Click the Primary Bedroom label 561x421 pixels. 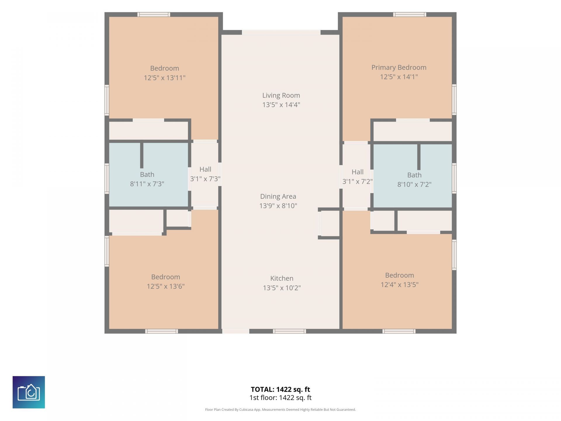click(399, 68)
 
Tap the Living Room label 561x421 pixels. click(281, 95)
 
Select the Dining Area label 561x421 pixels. click(278, 196)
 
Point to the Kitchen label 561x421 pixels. click(282, 278)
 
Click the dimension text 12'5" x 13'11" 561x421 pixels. click(165, 78)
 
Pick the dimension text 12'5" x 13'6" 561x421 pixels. click(166, 286)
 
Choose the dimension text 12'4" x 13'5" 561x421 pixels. click(399, 284)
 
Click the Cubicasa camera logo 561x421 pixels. click(29, 392)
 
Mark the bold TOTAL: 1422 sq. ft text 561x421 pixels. click(280, 389)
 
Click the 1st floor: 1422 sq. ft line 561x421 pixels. click(280, 398)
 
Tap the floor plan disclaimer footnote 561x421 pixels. click(280, 410)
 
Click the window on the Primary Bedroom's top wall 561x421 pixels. click(410, 14)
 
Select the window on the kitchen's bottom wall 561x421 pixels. click(290, 331)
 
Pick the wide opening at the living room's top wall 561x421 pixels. click(281, 32)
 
